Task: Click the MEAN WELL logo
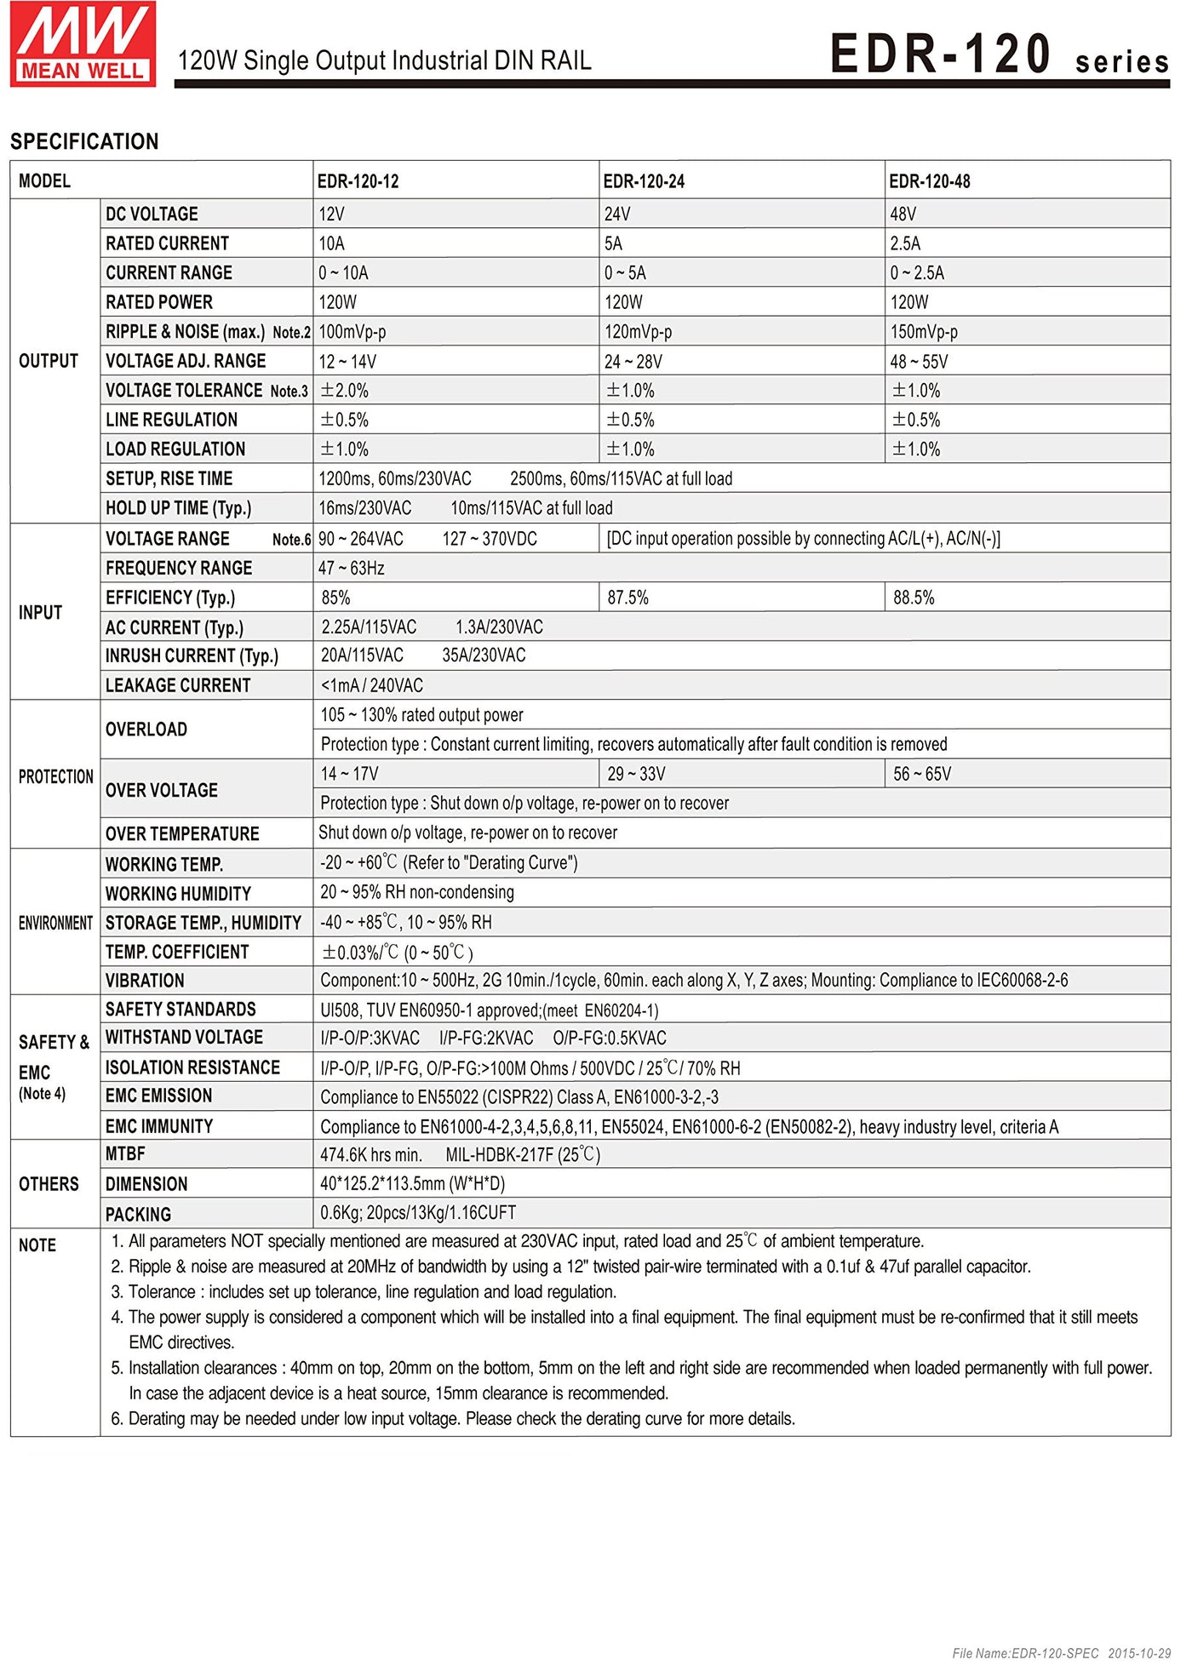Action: click(x=83, y=44)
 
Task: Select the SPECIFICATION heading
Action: click(x=84, y=141)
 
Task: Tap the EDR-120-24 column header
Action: click(x=644, y=181)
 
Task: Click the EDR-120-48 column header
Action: click(x=930, y=181)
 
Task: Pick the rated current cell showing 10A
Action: click(x=331, y=243)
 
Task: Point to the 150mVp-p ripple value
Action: click(x=924, y=332)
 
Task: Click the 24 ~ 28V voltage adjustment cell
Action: click(x=633, y=362)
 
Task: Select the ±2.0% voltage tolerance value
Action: click(x=344, y=391)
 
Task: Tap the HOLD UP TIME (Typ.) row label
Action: click(x=178, y=508)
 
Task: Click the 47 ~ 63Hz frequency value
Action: click(x=352, y=568)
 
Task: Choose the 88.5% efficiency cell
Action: click(x=914, y=598)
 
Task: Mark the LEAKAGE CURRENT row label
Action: click(x=178, y=685)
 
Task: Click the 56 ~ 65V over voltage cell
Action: click(x=922, y=774)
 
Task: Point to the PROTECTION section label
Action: click(x=55, y=776)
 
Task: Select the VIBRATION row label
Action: click(x=145, y=981)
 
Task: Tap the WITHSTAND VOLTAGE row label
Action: click(x=184, y=1038)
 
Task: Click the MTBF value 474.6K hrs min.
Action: click(x=371, y=1155)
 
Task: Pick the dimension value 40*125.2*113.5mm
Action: click(x=412, y=1184)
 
